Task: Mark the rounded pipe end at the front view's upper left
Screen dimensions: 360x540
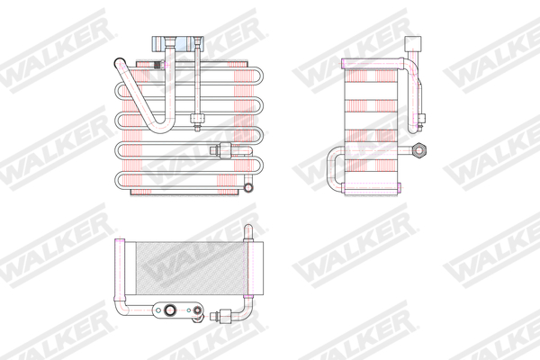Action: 119,63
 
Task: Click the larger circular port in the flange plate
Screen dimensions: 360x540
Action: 166,310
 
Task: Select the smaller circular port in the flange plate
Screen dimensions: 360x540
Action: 192,313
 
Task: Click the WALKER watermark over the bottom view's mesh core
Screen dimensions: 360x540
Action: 184,265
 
